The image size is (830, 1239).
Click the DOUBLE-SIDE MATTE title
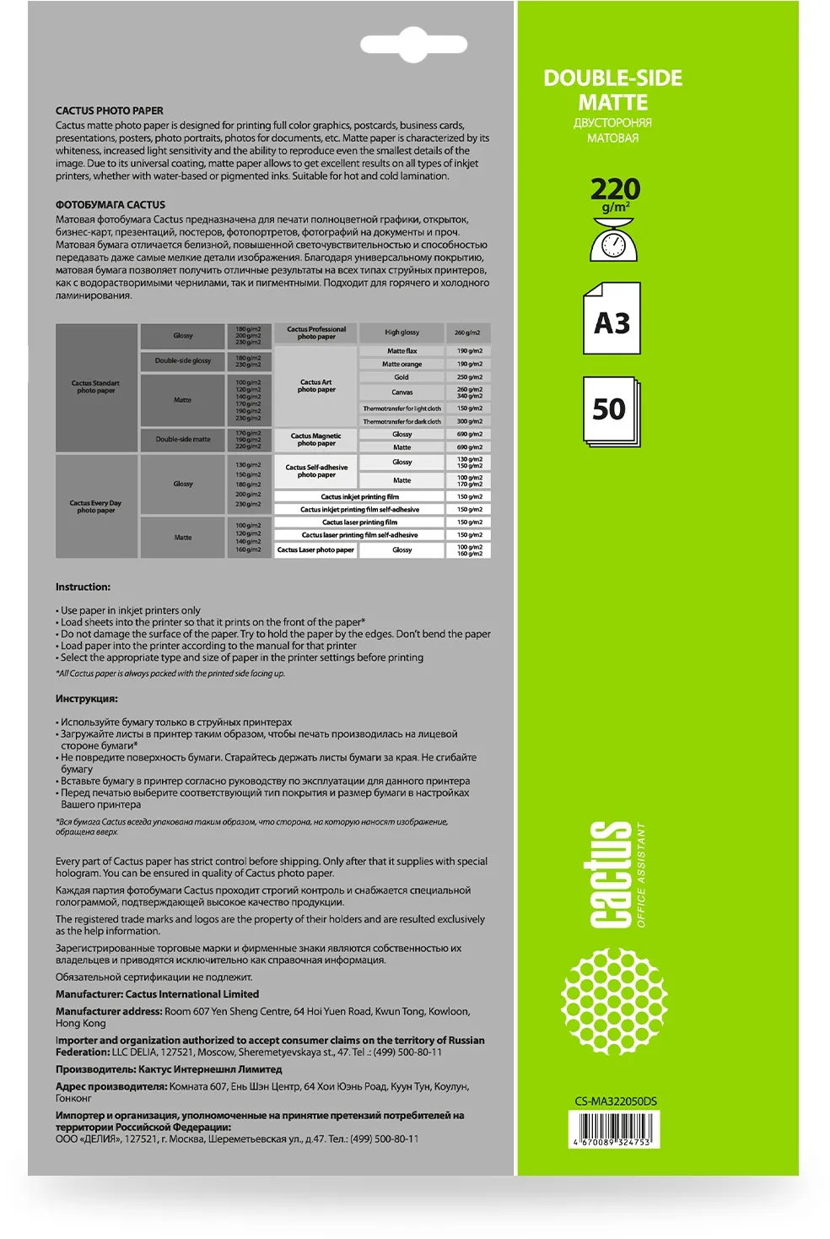point(612,90)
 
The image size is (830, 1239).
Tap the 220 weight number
point(615,189)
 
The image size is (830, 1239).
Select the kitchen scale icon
point(613,240)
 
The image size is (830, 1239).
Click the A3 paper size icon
point(612,319)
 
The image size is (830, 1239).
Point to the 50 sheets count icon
point(611,410)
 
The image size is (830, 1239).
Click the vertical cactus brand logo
point(611,874)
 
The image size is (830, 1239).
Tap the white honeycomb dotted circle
point(614,1001)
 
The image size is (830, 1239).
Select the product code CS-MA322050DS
point(616,1101)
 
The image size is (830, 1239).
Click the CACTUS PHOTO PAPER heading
point(110,111)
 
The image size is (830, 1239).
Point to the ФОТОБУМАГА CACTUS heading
point(110,205)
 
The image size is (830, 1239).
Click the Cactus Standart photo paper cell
point(96,387)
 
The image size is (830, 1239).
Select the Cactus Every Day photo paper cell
point(96,506)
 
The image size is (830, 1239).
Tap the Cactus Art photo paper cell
point(316,386)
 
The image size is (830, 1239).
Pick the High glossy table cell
point(402,333)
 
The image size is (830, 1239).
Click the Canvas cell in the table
point(402,392)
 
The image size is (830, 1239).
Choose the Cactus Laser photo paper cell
point(316,550)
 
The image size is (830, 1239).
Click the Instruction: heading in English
point(83,587)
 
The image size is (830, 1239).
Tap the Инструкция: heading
point(87,699)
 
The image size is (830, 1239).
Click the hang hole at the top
point(413,46)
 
